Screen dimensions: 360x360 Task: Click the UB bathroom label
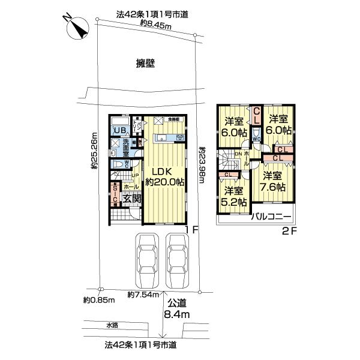tap(119, 131)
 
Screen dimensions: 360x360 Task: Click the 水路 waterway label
tap(113, 326)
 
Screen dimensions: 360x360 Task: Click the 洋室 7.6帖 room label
tap(272, 181)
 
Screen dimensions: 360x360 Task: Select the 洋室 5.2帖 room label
tap(233, 195)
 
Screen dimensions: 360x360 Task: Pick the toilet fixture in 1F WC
tap(118, 164)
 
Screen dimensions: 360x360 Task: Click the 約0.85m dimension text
tap(98, 300)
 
